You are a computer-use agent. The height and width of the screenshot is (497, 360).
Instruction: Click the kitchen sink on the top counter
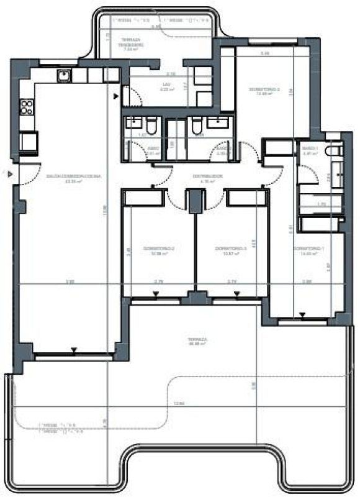click(x=64, y=76)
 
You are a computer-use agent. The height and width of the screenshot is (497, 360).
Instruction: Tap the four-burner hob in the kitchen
click(x=27, y=107)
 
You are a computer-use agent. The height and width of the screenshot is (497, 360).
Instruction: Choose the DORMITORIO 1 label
click(x=308, y=251)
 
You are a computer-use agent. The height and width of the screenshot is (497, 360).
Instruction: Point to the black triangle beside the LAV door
click(x=116, y=98)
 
